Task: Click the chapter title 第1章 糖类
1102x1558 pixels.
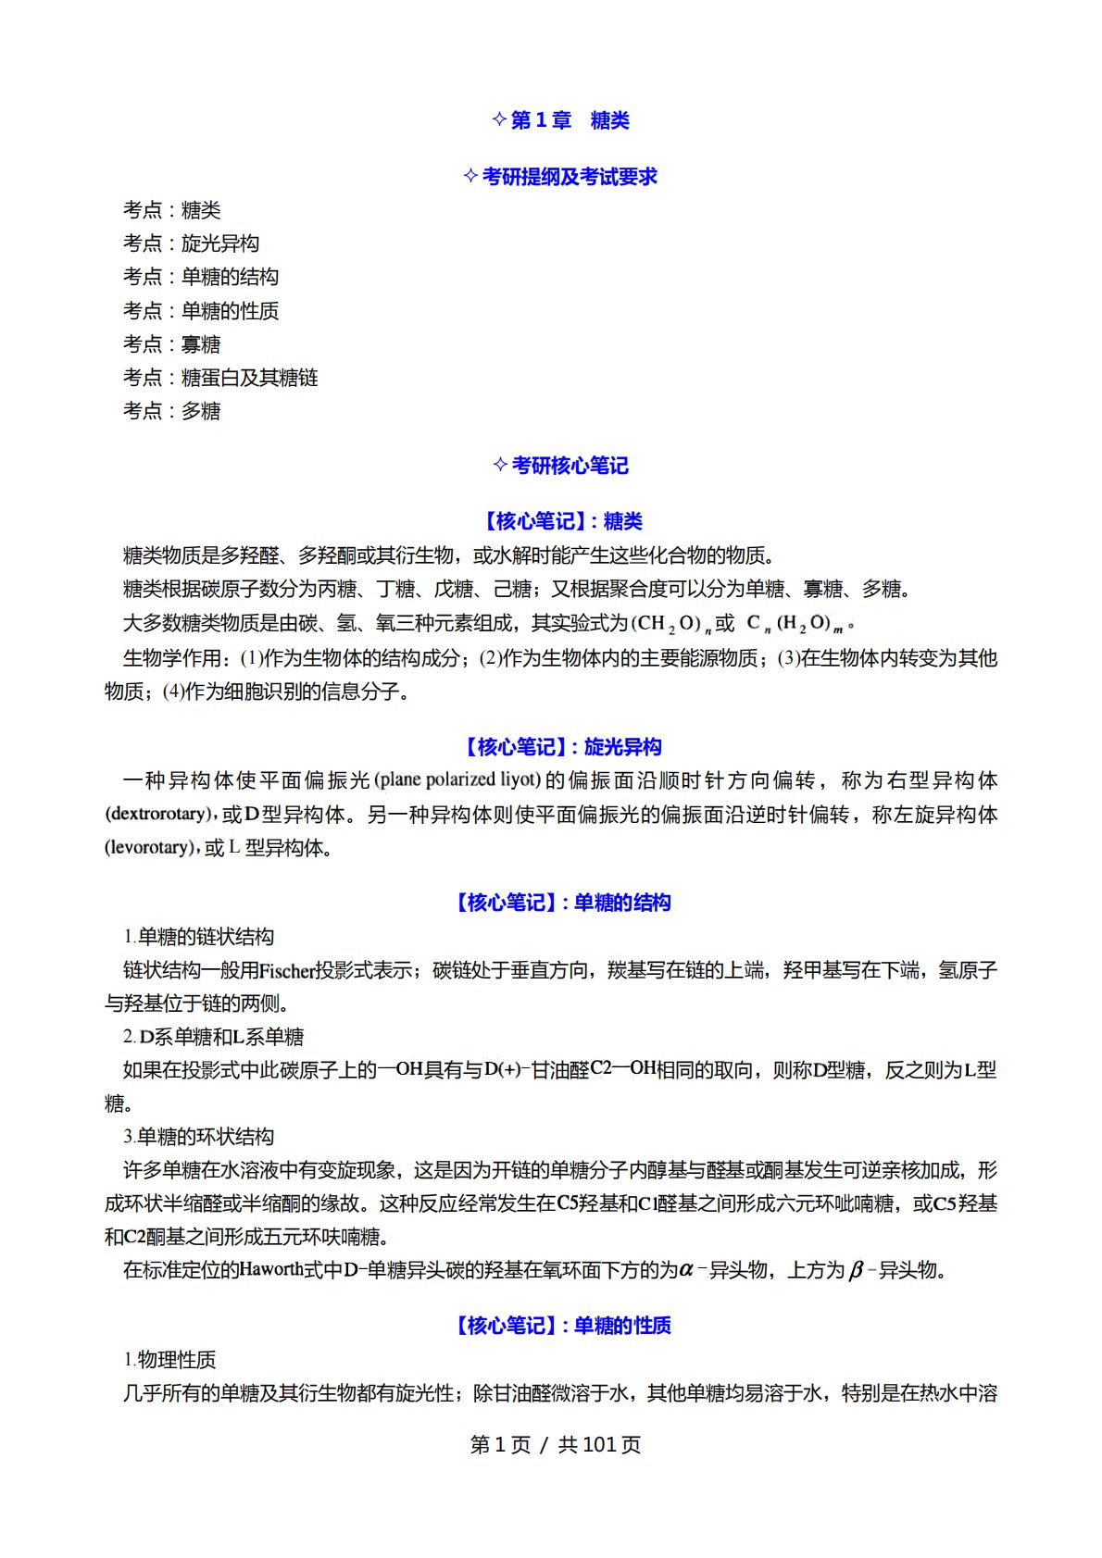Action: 561,120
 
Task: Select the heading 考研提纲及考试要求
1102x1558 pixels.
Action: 561,177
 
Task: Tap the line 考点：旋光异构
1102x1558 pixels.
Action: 191,243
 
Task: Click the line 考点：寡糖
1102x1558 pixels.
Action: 171,344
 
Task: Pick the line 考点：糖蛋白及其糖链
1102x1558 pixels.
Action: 220,378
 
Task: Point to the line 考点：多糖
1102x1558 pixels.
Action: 171,411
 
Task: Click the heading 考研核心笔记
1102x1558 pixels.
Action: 561,466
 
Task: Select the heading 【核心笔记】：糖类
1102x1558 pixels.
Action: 561,521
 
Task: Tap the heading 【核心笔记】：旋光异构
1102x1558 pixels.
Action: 561,747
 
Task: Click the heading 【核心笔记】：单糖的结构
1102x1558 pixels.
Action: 561,903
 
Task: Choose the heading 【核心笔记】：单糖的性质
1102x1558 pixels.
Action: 561,1326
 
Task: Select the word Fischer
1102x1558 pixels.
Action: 287,971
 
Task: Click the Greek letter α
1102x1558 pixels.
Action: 686,1270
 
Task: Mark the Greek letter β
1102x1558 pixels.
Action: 856,1270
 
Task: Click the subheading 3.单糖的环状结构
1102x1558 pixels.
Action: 199,1137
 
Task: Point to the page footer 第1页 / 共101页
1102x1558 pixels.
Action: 556,1445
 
